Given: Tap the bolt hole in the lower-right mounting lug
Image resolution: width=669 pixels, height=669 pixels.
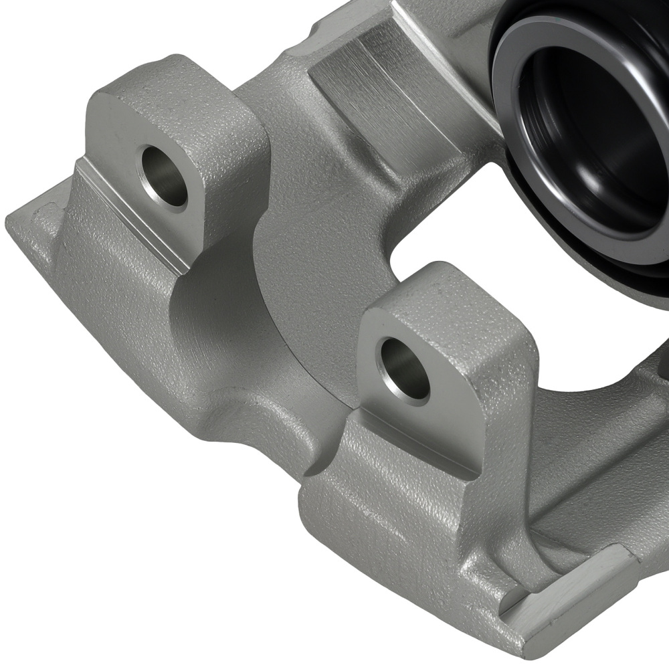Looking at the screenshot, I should click(404, 369).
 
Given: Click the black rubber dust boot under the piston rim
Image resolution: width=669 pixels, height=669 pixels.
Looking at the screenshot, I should click(535, 201).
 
